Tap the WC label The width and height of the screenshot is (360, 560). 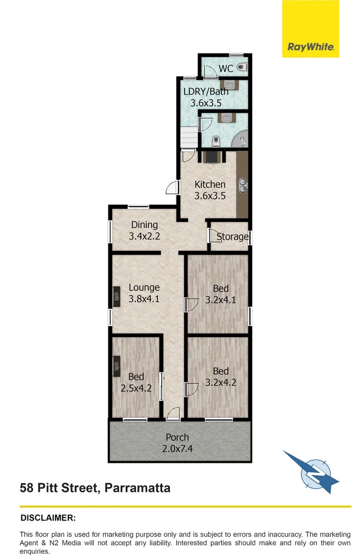click(x=225, y=68)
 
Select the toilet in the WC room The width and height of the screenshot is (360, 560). click(x=243, y=66)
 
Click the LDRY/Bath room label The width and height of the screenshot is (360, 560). click(x=205, y=92)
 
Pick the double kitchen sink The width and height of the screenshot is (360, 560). click(x=242, y=184)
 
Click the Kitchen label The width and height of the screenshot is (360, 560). click(x=210, y=184)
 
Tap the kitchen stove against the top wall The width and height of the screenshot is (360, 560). click(x=212, y=156)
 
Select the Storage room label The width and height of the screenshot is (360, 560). click(x=232, y=236)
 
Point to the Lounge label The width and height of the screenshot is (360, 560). click(x=144, y=287)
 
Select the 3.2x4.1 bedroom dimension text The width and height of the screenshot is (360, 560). click(x=220, y=299)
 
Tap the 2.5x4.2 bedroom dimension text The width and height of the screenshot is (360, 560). click(x=136, y=388)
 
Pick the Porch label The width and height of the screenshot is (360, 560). click(x=177, y=437)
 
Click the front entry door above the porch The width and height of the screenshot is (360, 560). click(x=173, y=413)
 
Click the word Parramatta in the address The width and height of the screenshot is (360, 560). click(x=137, y=487)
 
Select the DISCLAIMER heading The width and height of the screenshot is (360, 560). click(x=48, y=517)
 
